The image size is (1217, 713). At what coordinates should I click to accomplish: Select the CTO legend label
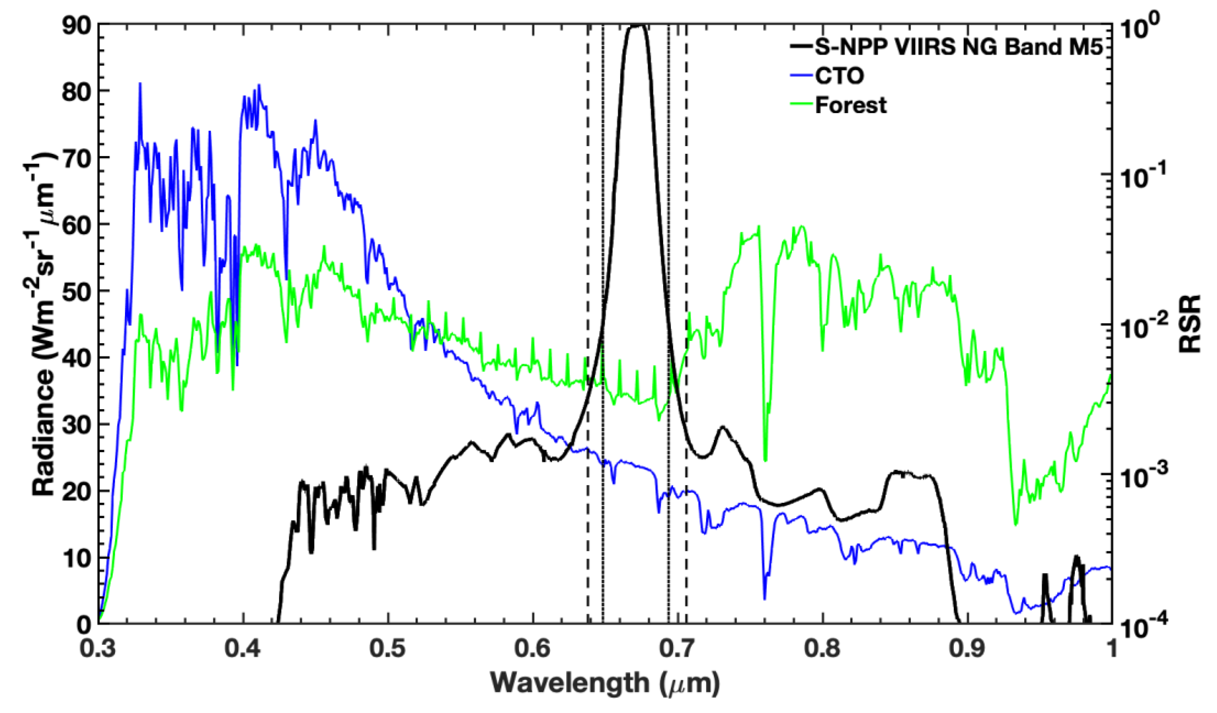[x=839, y=76]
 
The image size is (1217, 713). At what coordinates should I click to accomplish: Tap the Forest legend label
[x=851, y=105]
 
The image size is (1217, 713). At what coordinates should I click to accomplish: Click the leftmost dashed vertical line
[x=588, y=314]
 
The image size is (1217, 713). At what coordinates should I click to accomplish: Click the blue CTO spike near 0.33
[x=140, y=85]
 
